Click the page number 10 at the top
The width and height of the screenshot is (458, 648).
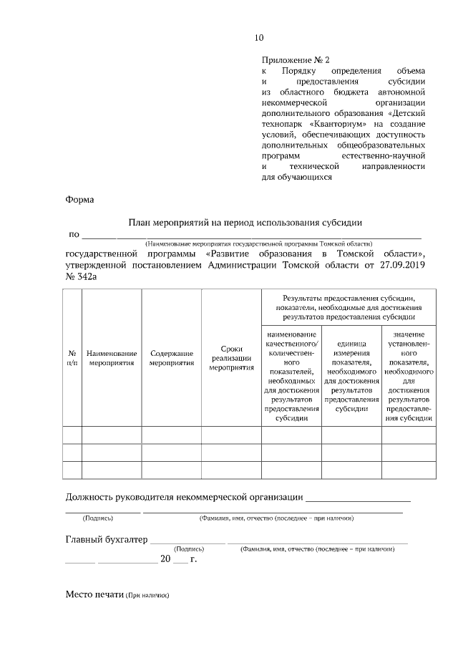point(259,37)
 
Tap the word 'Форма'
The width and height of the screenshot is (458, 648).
point(79,200)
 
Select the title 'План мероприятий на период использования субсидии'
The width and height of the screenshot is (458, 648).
point(245,223)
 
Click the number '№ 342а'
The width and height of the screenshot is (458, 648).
point(81,276)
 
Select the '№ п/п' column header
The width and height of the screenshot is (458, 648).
point(72,358)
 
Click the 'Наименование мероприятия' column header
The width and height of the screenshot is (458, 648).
point(112,358)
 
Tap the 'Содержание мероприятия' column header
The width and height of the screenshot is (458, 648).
point(172,358)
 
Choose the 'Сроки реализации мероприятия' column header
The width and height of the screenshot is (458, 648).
point(231,358)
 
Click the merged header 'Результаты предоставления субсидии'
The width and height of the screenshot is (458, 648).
point(348,306)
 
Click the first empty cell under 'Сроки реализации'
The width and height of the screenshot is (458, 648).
point(231,435)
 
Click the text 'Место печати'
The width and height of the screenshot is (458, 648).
point(94,594)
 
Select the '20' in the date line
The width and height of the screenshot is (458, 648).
point(165,559)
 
